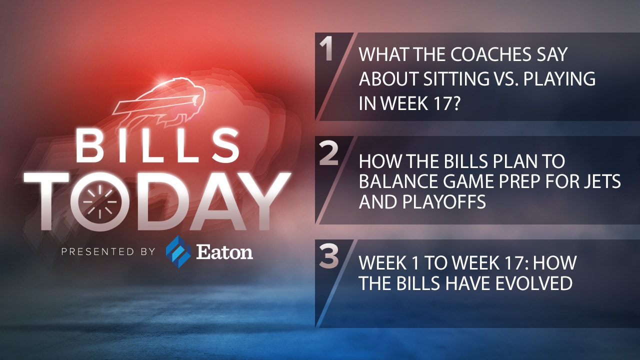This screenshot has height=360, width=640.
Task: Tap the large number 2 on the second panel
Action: (x=328, y=154)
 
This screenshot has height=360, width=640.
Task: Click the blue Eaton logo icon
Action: (x=178, y=251)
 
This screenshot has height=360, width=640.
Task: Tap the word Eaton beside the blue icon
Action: (x=224, y=252)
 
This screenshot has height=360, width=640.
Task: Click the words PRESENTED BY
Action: (x=108, y=251)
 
